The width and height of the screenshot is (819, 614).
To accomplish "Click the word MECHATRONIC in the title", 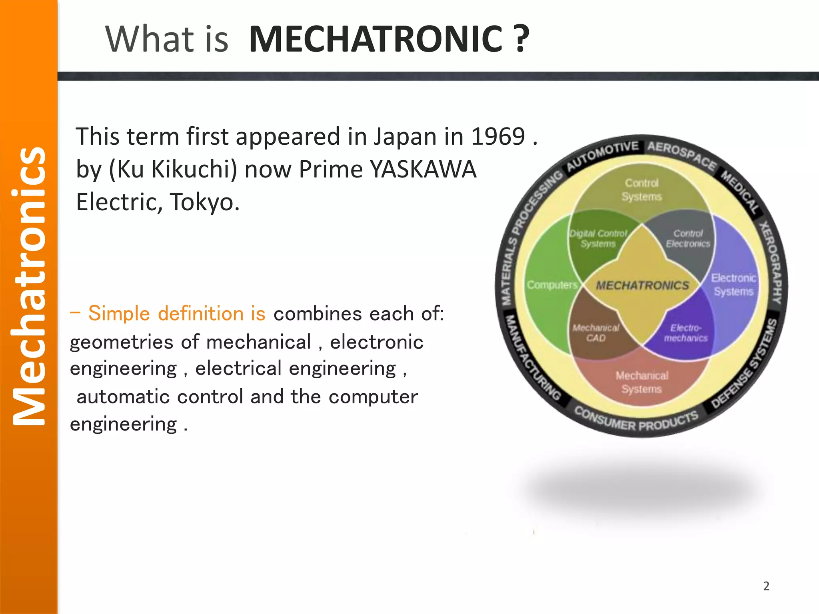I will tap(375, 39).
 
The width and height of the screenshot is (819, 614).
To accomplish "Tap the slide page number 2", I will tap(766, 586).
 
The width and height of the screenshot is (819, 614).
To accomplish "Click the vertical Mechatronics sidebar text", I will tap(29, 286).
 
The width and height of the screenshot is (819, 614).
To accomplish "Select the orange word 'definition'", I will tap(201, 313).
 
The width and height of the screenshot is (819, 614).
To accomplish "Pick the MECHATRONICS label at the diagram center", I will tap(642, 285).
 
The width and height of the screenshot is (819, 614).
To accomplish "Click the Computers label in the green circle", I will tap(552, 285).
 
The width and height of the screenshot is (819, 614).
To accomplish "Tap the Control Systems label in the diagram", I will tap(641, 190).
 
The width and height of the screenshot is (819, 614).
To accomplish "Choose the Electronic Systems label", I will tap(733, 285).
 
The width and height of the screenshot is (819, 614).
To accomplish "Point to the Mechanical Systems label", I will tap(641, 382).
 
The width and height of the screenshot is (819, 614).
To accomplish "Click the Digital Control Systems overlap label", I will tap(598, 239).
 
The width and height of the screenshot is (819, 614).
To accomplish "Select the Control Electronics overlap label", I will tap(688, 239).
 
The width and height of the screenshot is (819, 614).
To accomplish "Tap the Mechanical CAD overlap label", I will tap(596, 333).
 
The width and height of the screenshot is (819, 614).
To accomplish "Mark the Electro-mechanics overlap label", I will tap(686, 333).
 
